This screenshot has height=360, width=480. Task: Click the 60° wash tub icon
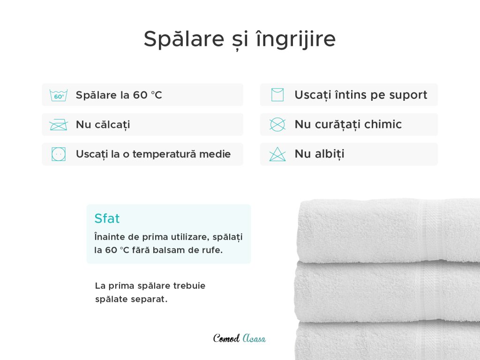pyautogui.click(x=59, y=95)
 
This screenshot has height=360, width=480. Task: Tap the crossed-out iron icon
pyautogui.click(x=59, y=125)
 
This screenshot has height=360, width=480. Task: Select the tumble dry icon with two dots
pyautogui.click(x=59, y=154)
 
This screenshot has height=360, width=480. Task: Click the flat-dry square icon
pyautogui.click(x=277, y=95)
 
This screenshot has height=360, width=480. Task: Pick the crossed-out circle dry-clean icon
pyautogui.click(x=277, y=125)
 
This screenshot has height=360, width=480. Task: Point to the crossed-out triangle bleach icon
pyautogui.click(x=277, y=154)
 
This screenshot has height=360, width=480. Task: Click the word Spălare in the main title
pyautogui.click(x=184, y=39)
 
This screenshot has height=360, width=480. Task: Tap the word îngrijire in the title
pyautogui.click(x=296, y=39)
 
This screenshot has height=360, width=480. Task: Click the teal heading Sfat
pyautogui.click(x=107, y=218)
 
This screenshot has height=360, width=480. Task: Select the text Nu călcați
pyautogui.click(x=103, y=125)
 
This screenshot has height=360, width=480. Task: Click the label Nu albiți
pyautogui.click(x=319, y=154)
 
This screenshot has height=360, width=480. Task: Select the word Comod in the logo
pyautogui.click(x=226, y=338)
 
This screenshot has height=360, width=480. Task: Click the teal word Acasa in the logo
pyautogui.click(x=254, y=338)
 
